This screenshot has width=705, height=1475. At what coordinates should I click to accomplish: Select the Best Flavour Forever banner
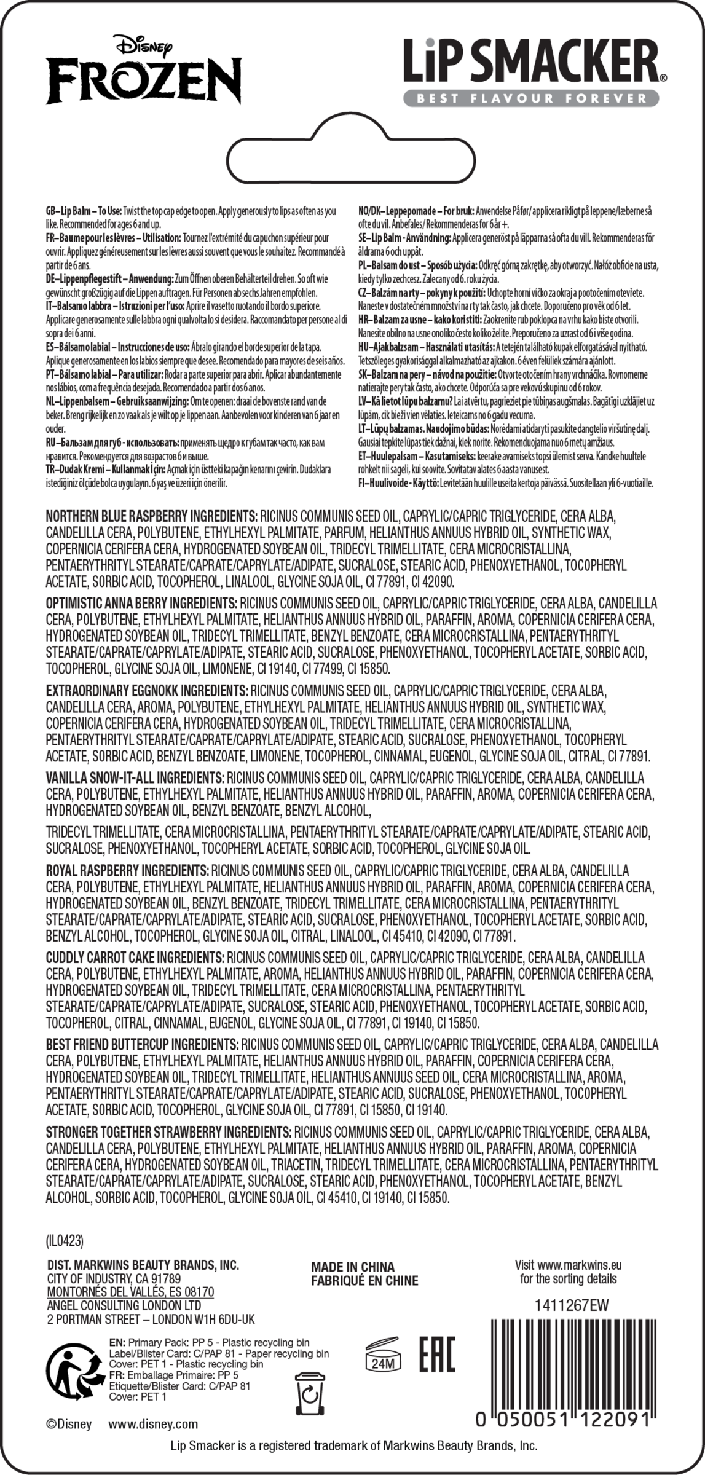pyautogui.click(x=531, y=98)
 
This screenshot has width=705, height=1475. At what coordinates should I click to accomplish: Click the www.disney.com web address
pyautogui.click(x=153, y=1423)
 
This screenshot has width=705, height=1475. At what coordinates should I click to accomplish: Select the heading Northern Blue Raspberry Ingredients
pyautogui.click(x=151, y=516)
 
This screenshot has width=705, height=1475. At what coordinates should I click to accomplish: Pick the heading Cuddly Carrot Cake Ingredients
pyautogui.click(x=135, y=957)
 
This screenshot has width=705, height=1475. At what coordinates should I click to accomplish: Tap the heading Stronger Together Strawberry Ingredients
pyautogui.click(x=168, y=1131)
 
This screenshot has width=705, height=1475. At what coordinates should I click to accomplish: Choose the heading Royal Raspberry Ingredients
pyautogui.click(x=127, y=870)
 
